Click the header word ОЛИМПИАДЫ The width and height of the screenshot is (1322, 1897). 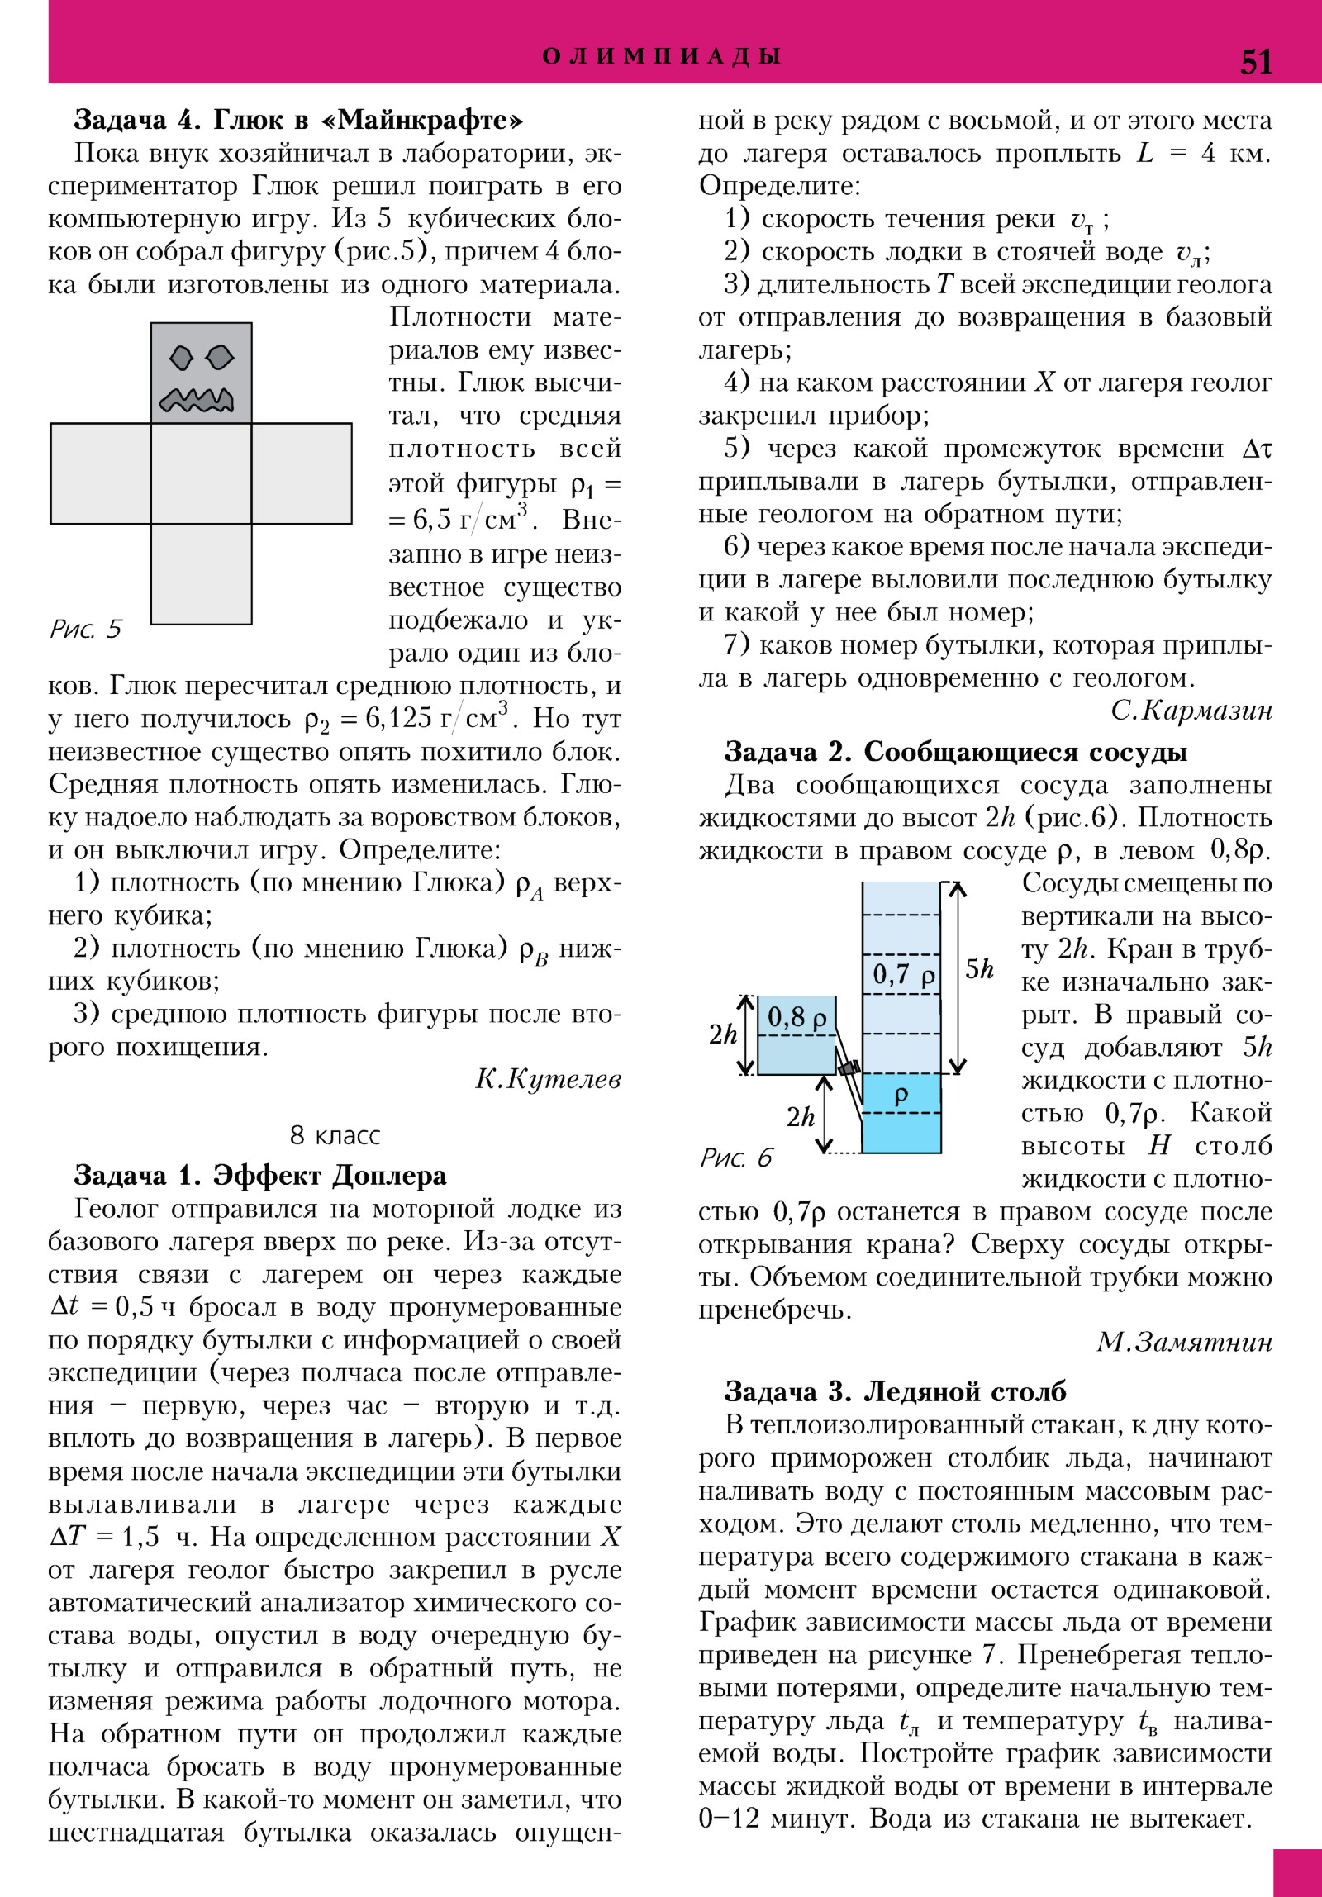662,56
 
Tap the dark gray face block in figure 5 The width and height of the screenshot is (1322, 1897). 201,373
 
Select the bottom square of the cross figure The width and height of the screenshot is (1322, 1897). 201,573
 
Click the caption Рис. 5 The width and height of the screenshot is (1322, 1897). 85,630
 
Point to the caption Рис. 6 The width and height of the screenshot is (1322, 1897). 736,1158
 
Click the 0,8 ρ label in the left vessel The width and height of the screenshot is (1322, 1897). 797,1017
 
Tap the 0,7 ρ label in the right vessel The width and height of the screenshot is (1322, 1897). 903,975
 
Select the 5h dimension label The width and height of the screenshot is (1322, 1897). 979,968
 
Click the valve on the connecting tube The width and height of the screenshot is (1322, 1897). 849,1067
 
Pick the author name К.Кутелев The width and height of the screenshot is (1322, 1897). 548,1079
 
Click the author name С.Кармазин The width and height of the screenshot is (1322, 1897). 1191,711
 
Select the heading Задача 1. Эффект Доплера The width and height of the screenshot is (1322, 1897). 260,1175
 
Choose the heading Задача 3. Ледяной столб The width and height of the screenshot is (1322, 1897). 895,1391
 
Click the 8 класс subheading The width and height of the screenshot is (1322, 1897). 335,1135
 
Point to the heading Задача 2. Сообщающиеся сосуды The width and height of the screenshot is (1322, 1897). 955,752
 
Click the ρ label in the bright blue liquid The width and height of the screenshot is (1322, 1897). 901,1096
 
